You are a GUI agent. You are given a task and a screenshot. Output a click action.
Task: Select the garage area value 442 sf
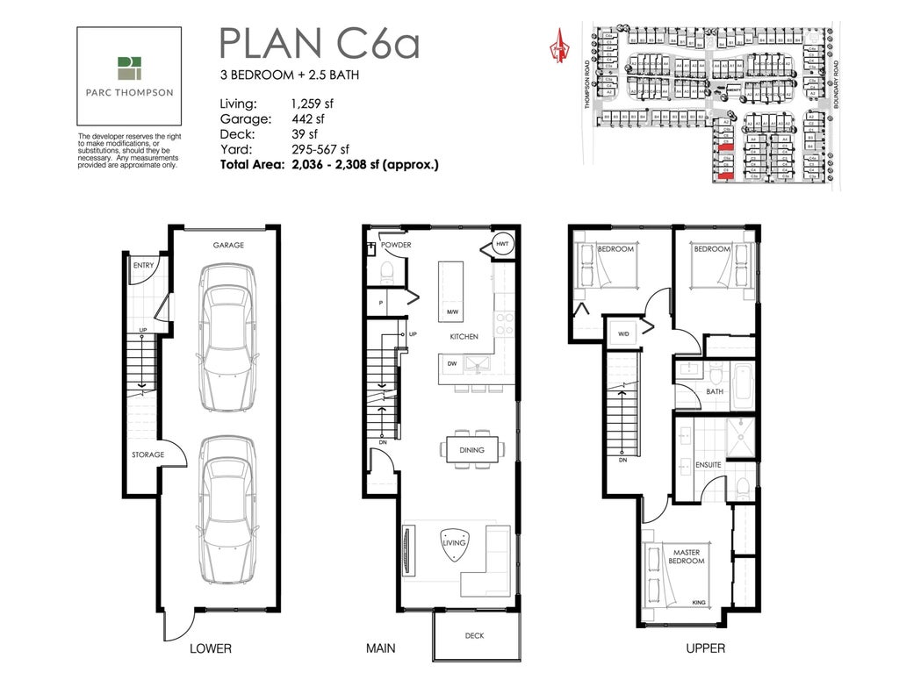click(x=307, y=119)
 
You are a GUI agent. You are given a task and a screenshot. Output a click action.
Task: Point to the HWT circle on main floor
click(x=502, y=245)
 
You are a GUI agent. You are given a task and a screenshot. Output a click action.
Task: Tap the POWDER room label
click(x=396, y=245)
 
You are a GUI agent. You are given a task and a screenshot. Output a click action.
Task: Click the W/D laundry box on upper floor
click(x=624, y=333)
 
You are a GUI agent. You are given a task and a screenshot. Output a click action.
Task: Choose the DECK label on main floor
click(x=474, y=636)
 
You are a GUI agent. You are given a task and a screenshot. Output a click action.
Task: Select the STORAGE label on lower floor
click(x=147, y=454)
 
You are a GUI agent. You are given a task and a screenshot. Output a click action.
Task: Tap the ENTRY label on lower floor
click(x=142, y=265)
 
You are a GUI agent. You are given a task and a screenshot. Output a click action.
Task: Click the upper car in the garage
click(x=227, y=338)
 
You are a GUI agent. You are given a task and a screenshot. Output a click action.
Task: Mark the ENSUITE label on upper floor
click(x=708, y=464)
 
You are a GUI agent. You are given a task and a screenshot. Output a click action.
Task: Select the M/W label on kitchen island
click(x=453, y=312)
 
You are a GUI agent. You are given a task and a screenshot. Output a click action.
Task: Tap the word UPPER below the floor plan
click(x=705, y=648)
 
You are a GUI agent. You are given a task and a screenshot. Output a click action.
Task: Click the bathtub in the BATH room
click(x=742, y=386)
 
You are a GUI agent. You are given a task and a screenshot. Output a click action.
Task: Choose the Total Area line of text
click(x=329, y=164)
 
